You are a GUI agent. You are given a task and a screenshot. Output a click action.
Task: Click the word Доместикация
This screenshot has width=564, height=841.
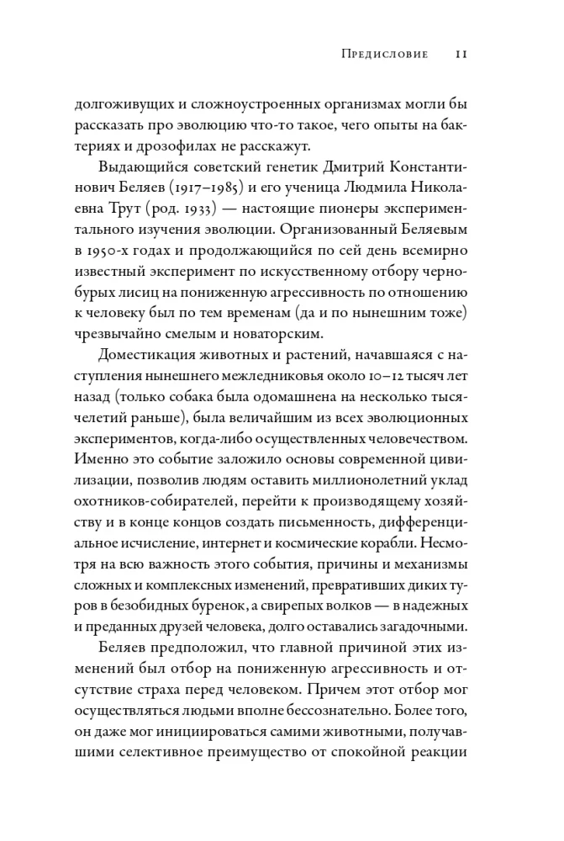pos(155,366)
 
